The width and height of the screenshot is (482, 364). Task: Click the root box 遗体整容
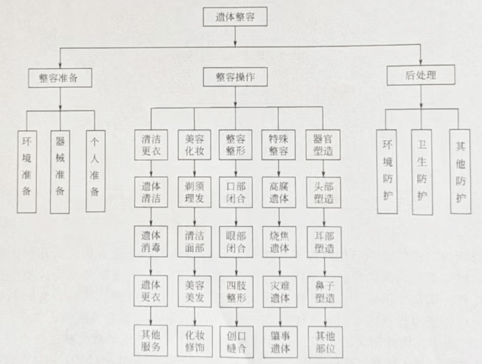[x=235, y=17]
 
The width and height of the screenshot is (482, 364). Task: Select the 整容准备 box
[x=61, y=77]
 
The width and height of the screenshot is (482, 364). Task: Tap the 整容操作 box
[x=235, y=77]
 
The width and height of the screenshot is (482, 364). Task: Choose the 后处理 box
[x=420, y=75]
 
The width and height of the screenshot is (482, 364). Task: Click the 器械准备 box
[x=61, y=171]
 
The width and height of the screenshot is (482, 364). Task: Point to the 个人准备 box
[x=96, y=171]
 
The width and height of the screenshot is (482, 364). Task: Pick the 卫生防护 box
[x=421, y=171]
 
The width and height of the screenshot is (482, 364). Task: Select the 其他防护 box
[x=460, y=171]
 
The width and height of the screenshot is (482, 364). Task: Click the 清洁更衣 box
[x=152, y=144]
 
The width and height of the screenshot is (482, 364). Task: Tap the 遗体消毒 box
[x=152, y=240]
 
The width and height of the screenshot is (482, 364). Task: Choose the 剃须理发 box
[x=194, y=192]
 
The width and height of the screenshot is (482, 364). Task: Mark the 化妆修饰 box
[x=194, y=337]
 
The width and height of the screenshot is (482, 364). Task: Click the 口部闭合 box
[x=236, y=192]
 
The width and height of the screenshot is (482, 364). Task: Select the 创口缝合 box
[x=236, y=337]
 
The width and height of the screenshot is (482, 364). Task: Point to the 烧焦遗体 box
[x=279, y=240]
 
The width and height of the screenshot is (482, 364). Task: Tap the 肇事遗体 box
[x=279, y=337]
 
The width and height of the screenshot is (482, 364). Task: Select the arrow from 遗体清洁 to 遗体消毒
[x=152, y=216]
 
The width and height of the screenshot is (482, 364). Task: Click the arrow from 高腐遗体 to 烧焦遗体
[x=279, y=216]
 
